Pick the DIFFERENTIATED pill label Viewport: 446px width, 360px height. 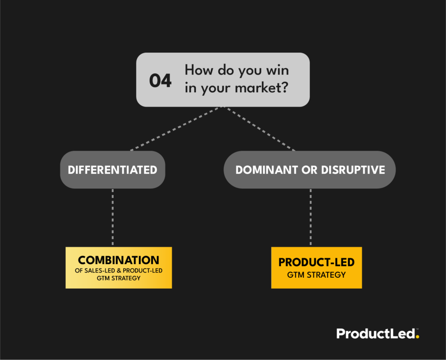112,170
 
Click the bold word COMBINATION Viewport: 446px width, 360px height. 118,260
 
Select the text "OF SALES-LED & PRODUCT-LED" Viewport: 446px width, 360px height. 118,271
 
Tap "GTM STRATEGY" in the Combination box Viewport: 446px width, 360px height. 118,278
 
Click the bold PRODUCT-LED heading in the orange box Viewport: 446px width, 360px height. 316,262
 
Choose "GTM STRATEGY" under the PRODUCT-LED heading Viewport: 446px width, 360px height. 316,275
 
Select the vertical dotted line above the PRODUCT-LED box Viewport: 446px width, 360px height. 311,218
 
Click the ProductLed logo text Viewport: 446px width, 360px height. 375,334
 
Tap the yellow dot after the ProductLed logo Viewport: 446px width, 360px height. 417,337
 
